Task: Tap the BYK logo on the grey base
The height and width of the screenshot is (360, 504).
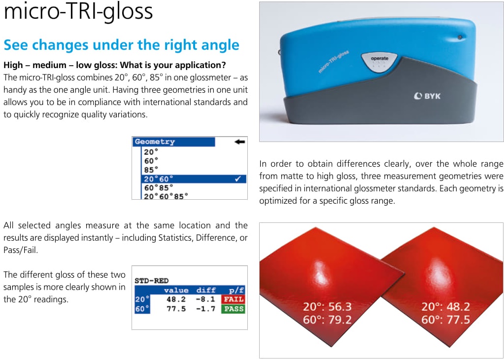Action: coord(427,96)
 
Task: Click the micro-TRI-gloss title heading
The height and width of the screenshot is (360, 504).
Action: coord(78,11)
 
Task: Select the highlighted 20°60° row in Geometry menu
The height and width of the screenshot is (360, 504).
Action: coord(194,179)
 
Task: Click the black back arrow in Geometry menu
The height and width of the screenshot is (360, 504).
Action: coord(240,142)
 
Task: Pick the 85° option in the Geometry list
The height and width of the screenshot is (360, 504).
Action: coord(151,170)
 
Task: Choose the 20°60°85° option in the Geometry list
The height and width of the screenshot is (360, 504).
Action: coord(166,196)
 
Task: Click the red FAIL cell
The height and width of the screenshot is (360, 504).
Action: coord(233,299)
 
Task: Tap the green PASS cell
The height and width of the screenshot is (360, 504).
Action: coord(233,310)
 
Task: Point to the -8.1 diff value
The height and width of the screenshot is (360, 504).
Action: coord(206,299)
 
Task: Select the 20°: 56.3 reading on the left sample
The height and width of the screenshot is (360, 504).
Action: coord(327,307)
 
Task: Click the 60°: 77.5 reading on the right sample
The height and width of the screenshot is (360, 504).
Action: coord(445,320)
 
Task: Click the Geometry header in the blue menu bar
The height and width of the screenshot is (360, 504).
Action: coord(155,142)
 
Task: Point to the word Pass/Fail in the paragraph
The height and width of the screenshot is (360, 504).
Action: coord(21,251)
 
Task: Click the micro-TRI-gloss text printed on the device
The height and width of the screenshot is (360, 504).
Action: coord(334,61)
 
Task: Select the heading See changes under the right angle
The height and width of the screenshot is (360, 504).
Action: coord(122,45)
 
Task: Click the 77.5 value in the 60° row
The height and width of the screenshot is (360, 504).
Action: coord(176,310)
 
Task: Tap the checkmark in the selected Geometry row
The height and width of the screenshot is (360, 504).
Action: coord(238,179)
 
